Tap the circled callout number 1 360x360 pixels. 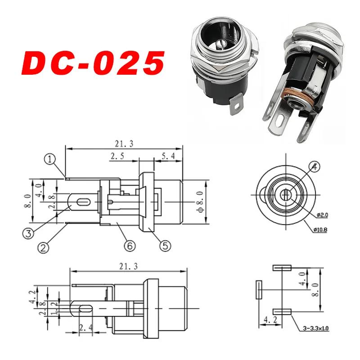click(x=49, y=159)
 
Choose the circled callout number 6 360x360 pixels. click(x=129, y=246)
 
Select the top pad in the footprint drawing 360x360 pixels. click(x=282, y=268)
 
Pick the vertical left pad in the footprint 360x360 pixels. click(x=259, y=290)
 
